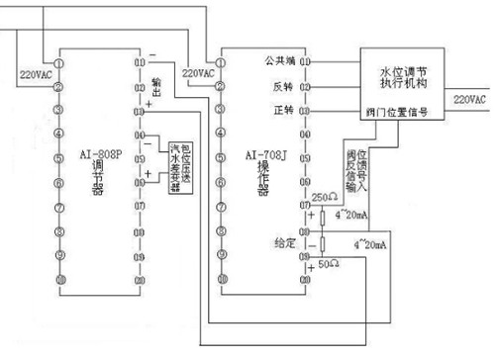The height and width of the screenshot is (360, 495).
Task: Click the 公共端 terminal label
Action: coord(282,61)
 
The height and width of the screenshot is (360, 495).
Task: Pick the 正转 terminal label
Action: coord(284,108)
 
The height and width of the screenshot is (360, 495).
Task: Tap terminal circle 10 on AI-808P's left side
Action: coord(59,280)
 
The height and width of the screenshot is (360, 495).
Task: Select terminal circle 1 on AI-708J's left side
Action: coord(225,60)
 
